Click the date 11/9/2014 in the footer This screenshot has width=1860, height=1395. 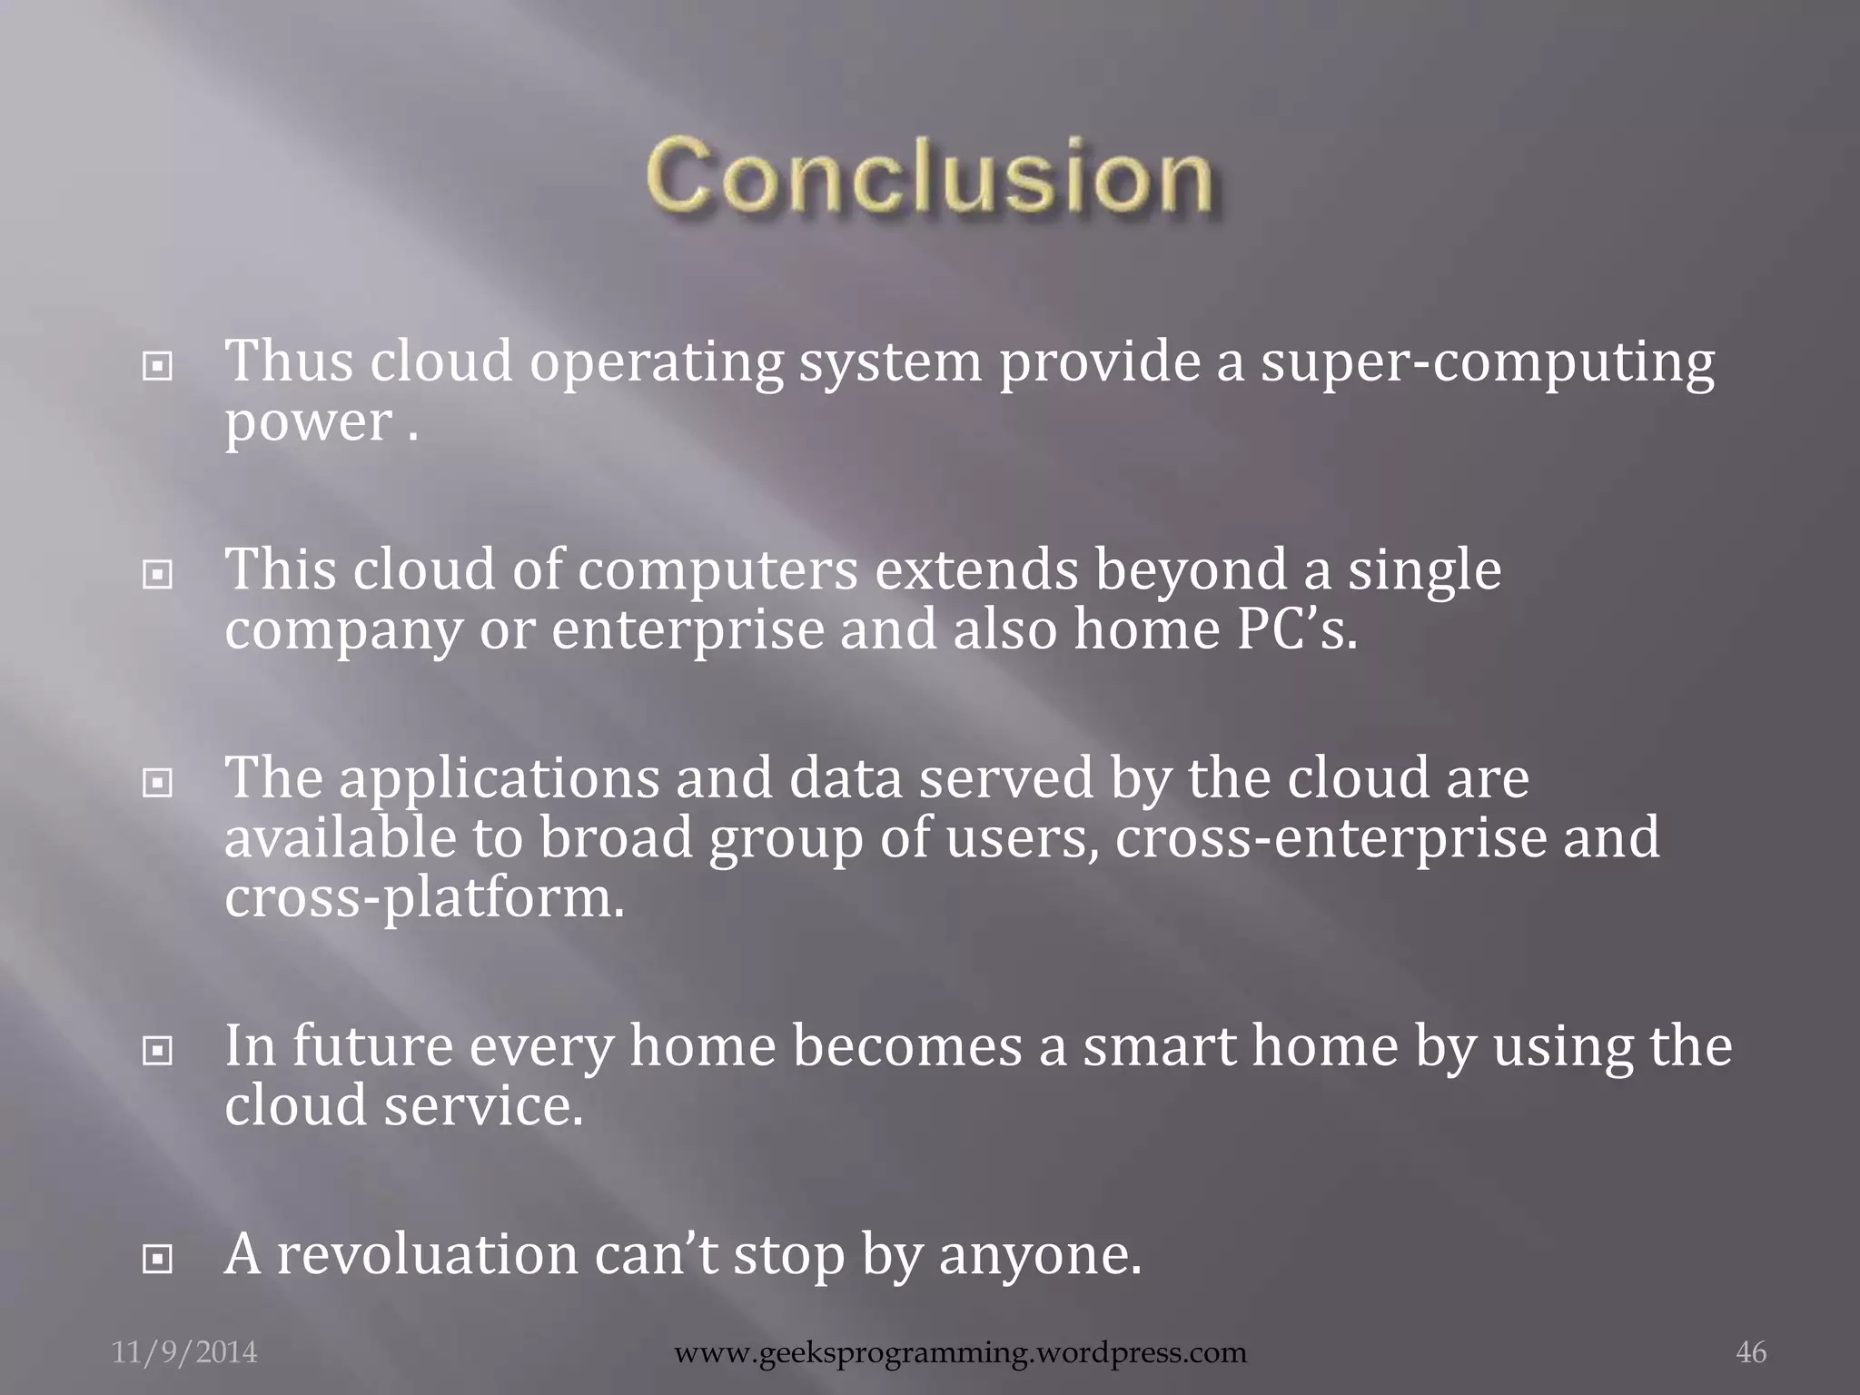(x=184, y=1352)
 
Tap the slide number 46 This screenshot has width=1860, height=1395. (x=1751, y=1352)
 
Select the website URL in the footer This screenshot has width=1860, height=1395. (x=961, y=1352)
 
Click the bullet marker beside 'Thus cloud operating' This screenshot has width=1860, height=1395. (x=158, y=367)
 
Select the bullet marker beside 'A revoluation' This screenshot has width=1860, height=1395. (x=158, y=1260)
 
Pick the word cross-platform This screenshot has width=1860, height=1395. (x=424, y=899)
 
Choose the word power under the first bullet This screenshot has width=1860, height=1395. (x=308, y=423)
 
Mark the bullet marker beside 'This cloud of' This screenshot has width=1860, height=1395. (x=158, y=575)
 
